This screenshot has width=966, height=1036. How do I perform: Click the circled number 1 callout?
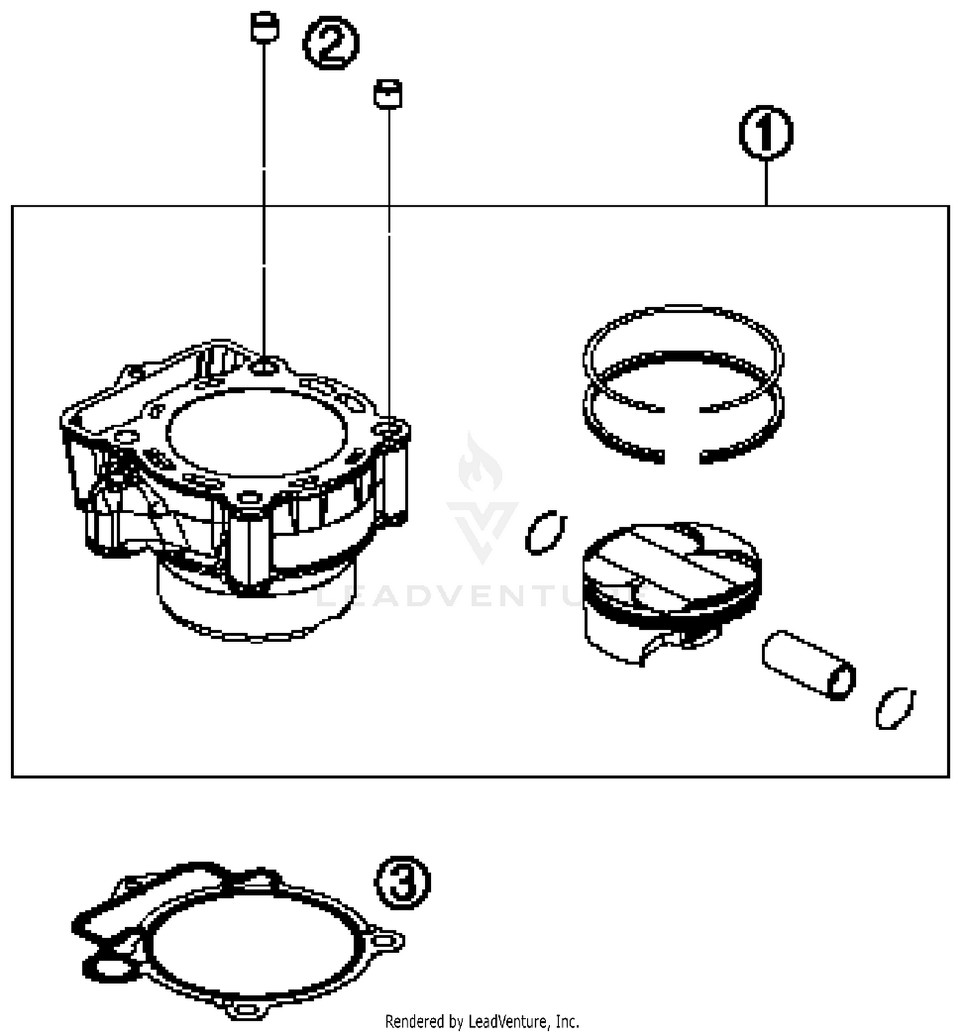(x=766, y=133)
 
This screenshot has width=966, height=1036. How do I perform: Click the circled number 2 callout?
(x=331, y=43)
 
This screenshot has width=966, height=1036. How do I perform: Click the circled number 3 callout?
(x=403, y=882)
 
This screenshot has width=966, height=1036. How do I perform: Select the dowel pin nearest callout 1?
(x=388, y=94)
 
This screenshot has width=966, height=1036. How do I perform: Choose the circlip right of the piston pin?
(x=895, y=708)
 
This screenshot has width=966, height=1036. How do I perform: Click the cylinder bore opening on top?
(x=256, y=431)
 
